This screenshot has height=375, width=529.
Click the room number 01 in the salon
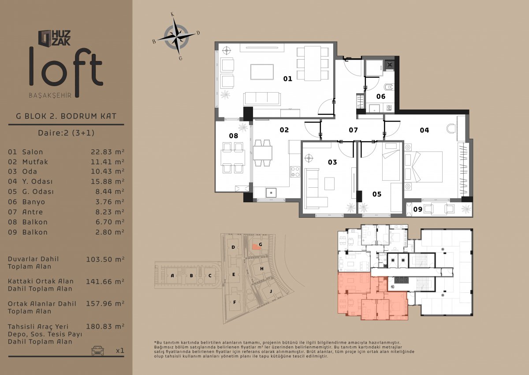[x=287, y=79]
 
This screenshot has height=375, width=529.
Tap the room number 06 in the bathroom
[x=381, y=97]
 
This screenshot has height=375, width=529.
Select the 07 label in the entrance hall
[x=353, y=130]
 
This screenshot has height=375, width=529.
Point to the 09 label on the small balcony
[x=417, y=209]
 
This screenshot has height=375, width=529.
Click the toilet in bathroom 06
[x=388, y=87]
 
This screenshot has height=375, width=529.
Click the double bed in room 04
[x=423, y=167]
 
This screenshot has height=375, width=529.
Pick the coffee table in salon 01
[x=262, y=72]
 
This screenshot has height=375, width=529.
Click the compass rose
[x=176, y=37]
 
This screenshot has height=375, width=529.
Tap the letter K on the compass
[x=172, y=15]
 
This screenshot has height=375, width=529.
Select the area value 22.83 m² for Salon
[x=108, y=152]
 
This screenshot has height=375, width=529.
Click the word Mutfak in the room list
[x=35, y=162]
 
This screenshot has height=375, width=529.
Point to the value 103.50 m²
[x=105, y=259]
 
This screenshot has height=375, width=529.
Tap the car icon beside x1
[x=97, y=350]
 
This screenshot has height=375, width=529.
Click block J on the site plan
[x=271, y=291]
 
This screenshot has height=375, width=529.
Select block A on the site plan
[x=172, y=275]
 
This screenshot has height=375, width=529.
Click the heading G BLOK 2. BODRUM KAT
[x=66, y=116]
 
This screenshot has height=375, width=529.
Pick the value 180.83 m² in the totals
[x=105, y=326]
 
